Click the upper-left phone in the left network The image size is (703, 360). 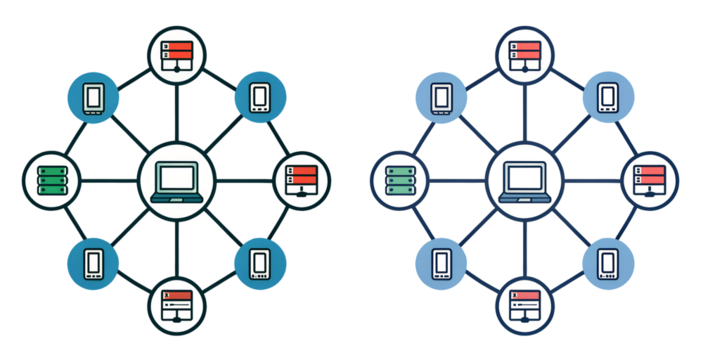[93, 98]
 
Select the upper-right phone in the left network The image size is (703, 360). [260, 98]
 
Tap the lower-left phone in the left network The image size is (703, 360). [93, 264]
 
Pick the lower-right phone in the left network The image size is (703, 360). [260, 264]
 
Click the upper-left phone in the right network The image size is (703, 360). [441, 98]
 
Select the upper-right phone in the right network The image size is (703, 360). [608, 98]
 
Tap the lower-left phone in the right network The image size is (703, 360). [441, 264]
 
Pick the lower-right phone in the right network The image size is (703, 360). [608, 264]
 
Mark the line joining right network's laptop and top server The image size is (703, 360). [525, 112]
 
